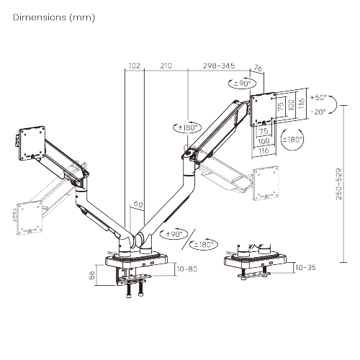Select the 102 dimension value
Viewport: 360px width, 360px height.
click(x=134, y=66)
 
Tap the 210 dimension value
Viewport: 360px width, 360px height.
click(x=166, y=66)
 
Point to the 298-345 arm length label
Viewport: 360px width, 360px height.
click(x=219, y=66)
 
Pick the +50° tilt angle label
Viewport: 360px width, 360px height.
click(x=318, y=96)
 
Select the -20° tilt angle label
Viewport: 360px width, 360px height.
click(x=318, y=112)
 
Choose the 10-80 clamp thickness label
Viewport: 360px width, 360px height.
click(x=185, y=269)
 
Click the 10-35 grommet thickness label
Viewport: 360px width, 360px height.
click(x=305, y=267)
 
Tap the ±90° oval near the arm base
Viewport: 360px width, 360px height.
click(x=176, y=233)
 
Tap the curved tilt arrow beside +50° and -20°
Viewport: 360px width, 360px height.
click(x=302, y=104)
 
